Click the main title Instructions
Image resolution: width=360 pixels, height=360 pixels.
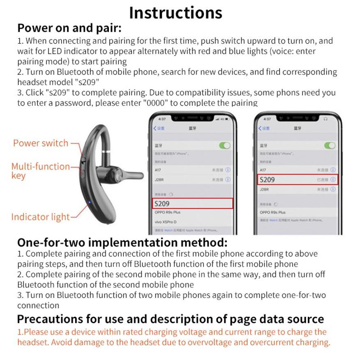click(176, 13)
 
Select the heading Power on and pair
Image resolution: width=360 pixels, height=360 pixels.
click(69, 29)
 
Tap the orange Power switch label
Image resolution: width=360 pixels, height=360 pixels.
click(41, 143)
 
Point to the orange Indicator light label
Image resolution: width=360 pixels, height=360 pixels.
click(40, 217)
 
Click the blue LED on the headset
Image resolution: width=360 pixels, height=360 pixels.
click(89, 202)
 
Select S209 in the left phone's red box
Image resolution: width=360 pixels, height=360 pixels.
click(162, 203)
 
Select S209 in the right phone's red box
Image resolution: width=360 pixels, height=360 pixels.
click(268, 180)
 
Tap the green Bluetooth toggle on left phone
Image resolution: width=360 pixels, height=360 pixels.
click(225, 145)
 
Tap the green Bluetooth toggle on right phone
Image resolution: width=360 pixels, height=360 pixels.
click(330, 145)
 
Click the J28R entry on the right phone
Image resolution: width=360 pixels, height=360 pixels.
click(264, 189)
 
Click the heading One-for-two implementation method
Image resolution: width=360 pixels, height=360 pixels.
click(122, 242)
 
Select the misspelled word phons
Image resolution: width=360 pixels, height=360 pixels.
click(292, 93)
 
